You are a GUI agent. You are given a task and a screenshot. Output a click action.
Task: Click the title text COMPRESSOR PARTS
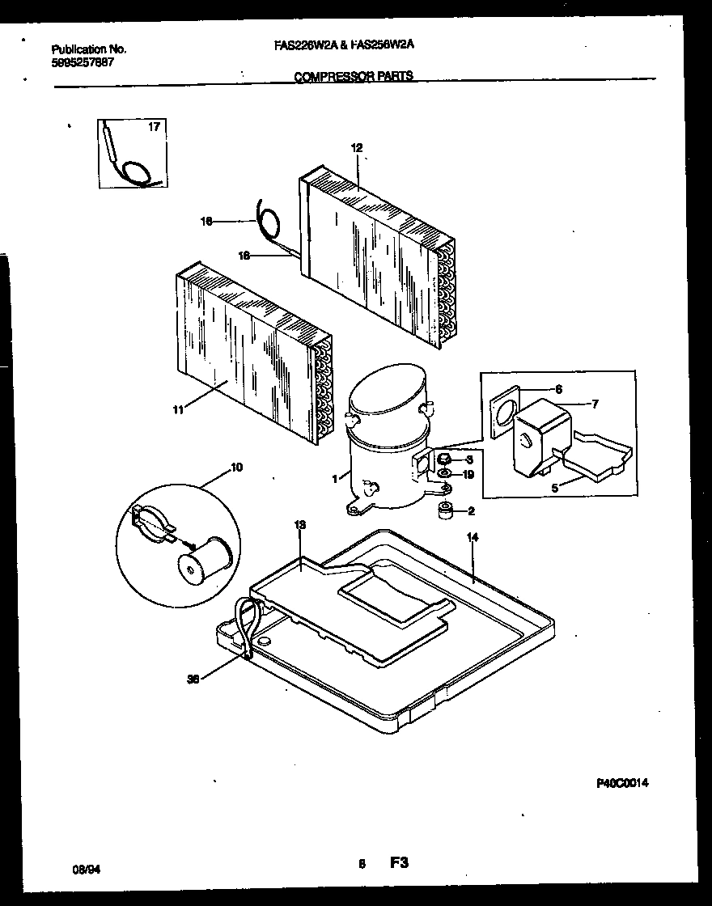pyautogui.click(x=354, y=76)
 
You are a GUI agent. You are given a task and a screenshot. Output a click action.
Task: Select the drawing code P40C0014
pyautogui.click(x=622, y=783)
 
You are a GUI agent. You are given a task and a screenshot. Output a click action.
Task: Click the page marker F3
pyautogui.click(x=398, y=863)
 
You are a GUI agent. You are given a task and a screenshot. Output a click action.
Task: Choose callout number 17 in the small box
pyautogui.click(x=155, y=127)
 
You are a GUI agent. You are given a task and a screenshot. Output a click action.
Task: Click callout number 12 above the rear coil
pyautogui.click(x=356, y=147)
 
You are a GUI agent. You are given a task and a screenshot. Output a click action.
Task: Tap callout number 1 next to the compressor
pyautogui.click(x=334, y=478)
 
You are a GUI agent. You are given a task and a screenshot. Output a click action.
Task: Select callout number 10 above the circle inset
pyautogui.click(x=236, y=468)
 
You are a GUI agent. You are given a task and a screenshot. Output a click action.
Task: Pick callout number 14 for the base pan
pyautogui.click(x=473, y=536)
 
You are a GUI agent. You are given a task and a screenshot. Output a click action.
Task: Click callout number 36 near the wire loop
pyautogui.click(x=193, y=679)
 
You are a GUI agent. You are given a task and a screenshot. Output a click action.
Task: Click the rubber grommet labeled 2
pyautogui.click(x=443, y=511)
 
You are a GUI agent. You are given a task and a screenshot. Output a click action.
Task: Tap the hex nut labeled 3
pyautogui.click(x=443, y=459)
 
